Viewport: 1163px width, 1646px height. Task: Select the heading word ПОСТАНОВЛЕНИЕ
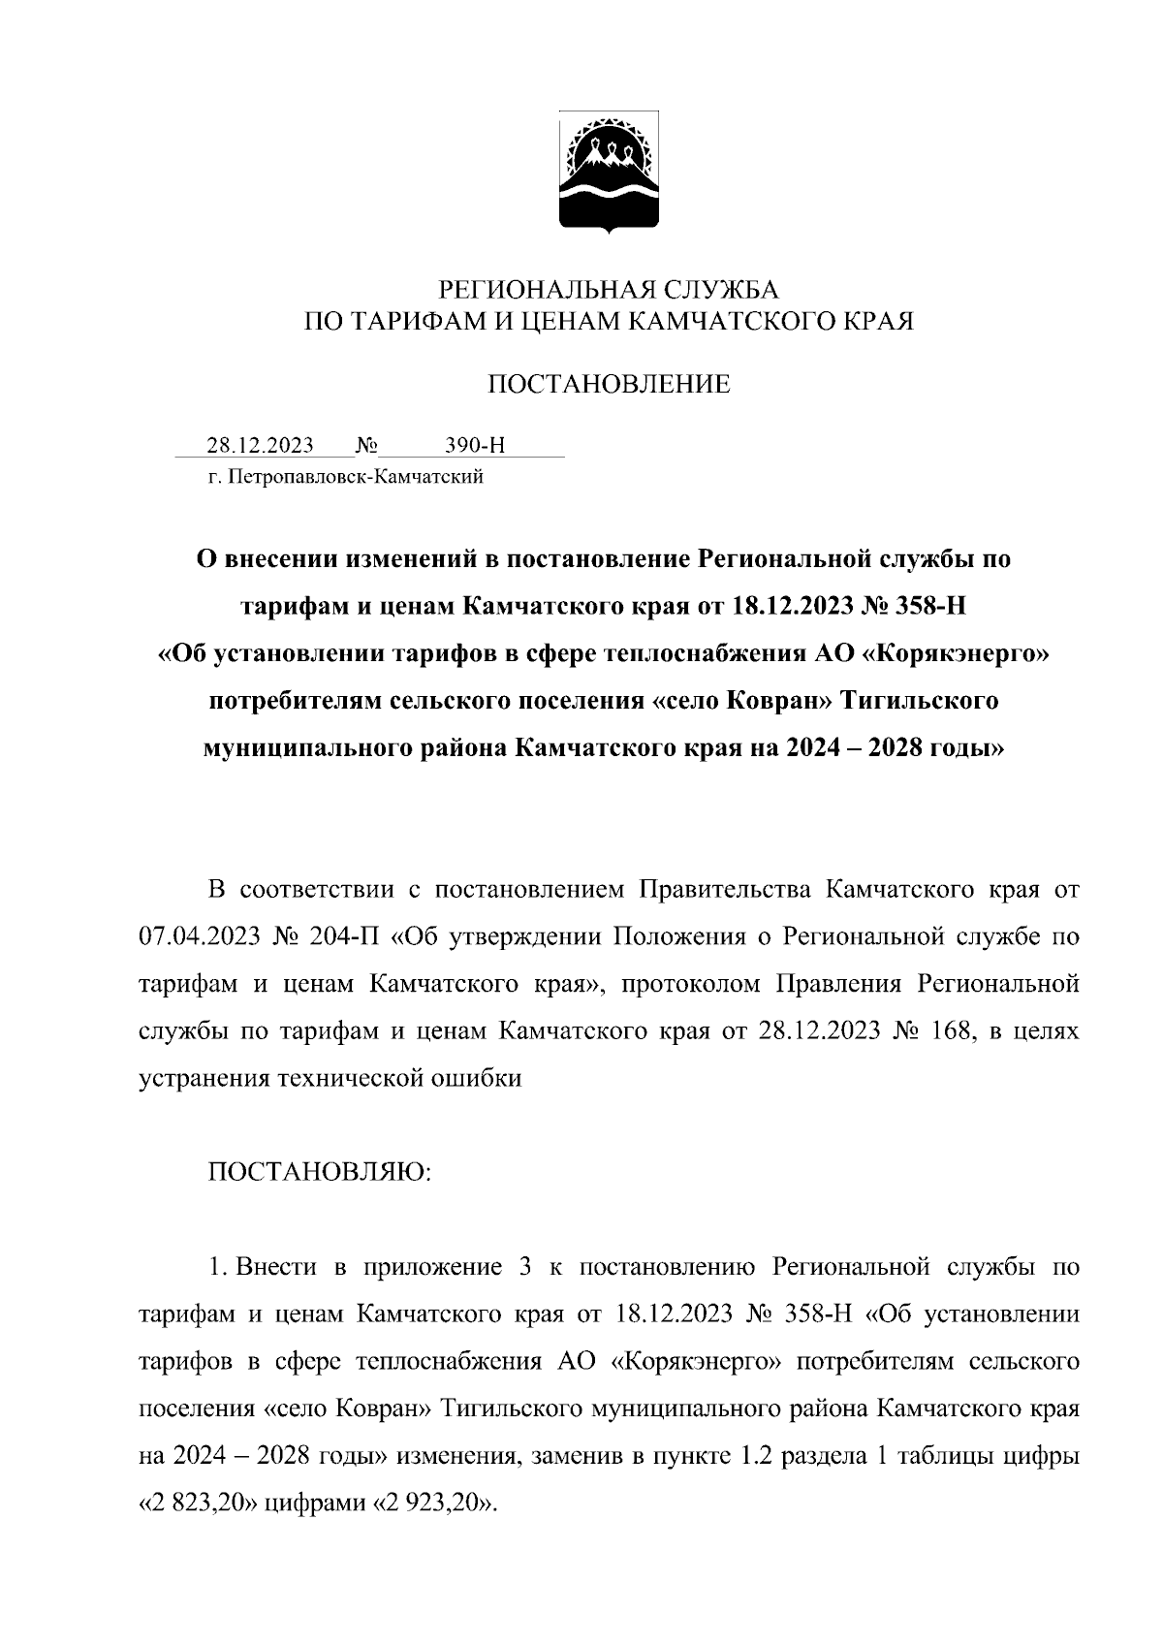(x=608, y=385)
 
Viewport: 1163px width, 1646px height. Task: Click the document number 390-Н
(x=475, y=446)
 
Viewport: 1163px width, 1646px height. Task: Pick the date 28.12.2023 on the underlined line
(x=260, y=446)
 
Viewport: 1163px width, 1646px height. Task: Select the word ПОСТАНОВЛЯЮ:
(x=320, y=1172)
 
